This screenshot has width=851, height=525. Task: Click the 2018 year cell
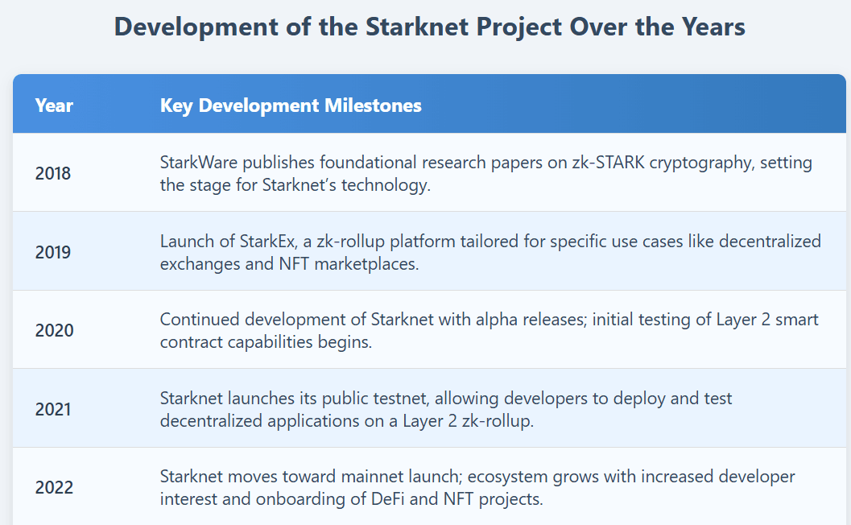(53, 173)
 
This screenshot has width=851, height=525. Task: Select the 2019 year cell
(53, 252)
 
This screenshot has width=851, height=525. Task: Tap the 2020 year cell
(54, 330)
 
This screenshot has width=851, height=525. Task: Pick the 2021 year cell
(53, 409)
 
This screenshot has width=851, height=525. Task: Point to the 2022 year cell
(54, 487)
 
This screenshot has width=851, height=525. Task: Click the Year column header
(54, 105)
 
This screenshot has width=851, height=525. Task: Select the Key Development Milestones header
(291, 105)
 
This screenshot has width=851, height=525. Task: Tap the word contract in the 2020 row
(191, 341)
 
